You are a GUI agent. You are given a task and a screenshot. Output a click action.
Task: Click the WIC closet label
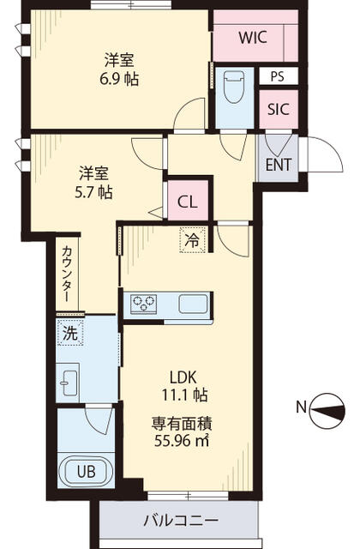tap(253, 38)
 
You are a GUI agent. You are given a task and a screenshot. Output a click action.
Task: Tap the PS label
tap(276, 76)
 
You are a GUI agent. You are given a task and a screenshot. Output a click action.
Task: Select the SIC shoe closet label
tap(277, 109)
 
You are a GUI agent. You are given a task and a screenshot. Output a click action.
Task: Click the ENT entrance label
tap(277, 163)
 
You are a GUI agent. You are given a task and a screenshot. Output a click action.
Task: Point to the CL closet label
tap(187, 202)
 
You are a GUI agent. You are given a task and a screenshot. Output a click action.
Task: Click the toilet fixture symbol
tap(233, 87)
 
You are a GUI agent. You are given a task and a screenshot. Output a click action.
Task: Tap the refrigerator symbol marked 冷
tap(191, 241)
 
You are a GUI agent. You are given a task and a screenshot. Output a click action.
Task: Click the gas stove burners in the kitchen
tap(142, 303)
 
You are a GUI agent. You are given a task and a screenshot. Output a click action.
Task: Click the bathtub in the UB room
tap(86, 471)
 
